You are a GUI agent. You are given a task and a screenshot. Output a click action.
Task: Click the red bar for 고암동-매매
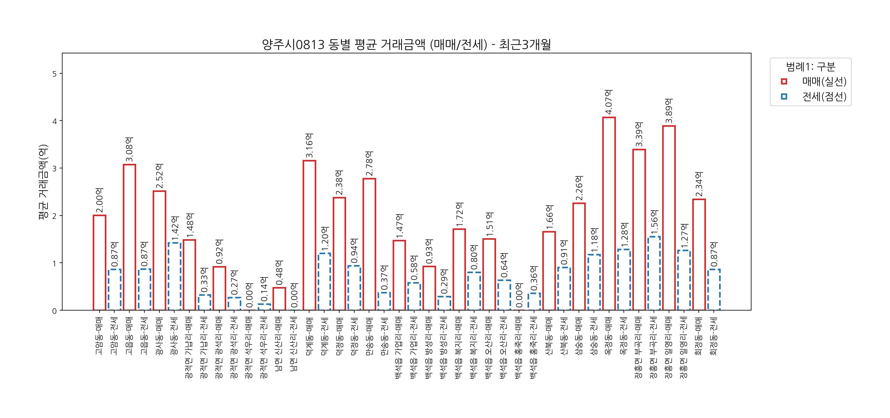(100, 263)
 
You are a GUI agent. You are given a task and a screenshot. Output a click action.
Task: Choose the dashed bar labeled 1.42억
(175, 276)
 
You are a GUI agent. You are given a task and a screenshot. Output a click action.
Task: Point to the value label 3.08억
(130, 149)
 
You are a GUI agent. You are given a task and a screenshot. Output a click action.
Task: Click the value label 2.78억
(369, 163)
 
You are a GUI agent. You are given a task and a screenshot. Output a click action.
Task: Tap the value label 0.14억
(264, 289)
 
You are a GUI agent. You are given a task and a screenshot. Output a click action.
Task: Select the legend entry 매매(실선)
(824, 82)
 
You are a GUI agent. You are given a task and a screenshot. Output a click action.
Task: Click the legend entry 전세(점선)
(824, 97)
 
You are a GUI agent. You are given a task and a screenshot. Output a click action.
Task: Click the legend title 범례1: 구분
(810, 66)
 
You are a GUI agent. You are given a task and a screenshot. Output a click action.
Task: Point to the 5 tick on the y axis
(55, 74)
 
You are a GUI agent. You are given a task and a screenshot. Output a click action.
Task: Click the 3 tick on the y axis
(55, 168)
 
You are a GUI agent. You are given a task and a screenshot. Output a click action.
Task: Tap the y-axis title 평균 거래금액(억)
(43, 182)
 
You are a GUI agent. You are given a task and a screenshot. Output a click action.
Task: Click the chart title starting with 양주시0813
(406, 45)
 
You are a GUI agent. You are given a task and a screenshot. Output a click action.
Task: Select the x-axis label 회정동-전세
(714, 336)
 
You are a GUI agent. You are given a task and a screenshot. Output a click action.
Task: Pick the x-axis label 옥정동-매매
(609, 336)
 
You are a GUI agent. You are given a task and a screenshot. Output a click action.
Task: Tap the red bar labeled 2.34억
(699, 255)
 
